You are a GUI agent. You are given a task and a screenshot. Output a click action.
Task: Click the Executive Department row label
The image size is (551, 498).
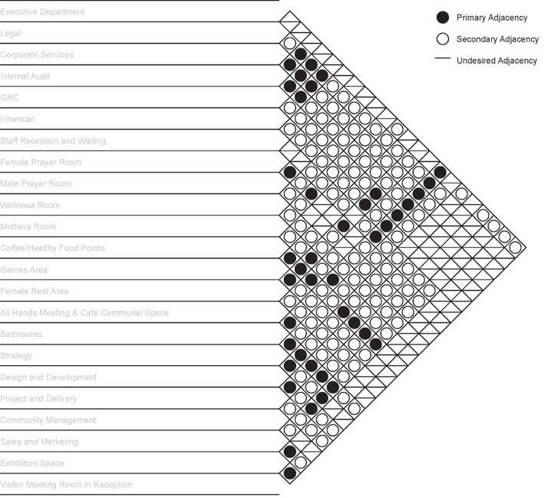coord(42,12)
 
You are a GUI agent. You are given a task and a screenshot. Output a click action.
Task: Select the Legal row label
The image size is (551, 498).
coord(12,34)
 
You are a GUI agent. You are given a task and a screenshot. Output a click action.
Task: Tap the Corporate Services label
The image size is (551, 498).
coord(37,55)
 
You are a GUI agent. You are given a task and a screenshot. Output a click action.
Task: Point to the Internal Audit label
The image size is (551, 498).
coord(25,77)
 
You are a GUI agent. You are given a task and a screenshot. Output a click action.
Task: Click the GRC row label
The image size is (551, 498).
coord(10,98)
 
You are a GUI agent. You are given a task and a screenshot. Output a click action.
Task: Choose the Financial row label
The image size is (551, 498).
coord(18,120)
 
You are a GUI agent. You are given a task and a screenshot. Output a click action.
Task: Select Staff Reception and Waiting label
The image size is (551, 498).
coord(53,141)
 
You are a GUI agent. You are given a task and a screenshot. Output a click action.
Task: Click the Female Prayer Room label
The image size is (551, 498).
coord(41,163)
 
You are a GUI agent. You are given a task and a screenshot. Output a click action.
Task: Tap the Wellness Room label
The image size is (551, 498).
coord(30,206)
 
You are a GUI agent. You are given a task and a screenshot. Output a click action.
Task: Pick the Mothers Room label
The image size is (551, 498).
coord(28,227)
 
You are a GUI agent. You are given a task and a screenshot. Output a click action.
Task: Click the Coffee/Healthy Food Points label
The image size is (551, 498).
coord(52,249)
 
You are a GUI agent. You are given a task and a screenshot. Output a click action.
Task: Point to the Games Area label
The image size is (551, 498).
coord(24,270)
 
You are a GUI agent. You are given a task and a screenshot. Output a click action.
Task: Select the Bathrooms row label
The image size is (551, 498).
coord(21,335)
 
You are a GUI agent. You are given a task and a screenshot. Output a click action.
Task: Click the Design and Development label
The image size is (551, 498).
coord(48,378)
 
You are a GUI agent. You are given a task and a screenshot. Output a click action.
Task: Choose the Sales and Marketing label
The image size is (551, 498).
coord(40,442)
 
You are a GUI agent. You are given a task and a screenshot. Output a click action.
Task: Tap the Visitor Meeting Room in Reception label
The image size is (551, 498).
coord(66,485)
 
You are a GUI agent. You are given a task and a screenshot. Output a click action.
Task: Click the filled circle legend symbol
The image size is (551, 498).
coord(442,18)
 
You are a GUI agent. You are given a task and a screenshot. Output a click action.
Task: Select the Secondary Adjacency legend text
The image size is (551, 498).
coord(497,39)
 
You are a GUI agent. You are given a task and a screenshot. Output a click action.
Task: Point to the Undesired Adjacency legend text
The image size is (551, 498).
coord(497,61)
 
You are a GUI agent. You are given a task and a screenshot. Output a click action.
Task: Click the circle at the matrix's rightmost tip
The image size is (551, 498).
coord(515,247)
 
